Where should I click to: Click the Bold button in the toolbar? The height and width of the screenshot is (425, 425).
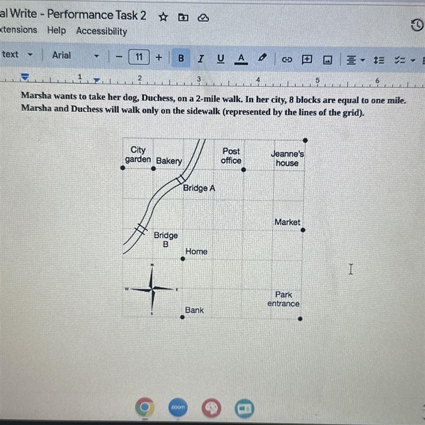tap(181, 58)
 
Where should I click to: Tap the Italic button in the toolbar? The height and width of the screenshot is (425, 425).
tap(201, 58)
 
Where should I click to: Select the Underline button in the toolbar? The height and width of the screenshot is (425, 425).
tap(220, 59)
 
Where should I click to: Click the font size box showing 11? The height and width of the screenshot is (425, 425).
tap(139, 57)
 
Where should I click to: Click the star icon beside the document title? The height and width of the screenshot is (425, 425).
tap(163, 17)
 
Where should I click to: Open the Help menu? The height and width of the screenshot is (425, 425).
tap(56, 30)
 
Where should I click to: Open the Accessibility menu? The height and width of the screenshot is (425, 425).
tap(101, 31)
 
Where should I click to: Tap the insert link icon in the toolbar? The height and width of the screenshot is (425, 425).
tap(287, 59)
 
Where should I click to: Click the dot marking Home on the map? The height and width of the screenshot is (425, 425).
tap(183, 259)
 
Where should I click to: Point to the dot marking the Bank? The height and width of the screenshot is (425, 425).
tap(182, 317)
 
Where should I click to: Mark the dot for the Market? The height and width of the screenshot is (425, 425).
tap(303, 230)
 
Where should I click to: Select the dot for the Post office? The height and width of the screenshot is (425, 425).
tap(243, 170)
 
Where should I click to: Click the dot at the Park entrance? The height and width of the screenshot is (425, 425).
tap(300, 319)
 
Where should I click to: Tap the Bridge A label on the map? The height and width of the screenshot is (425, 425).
tap(199, 188)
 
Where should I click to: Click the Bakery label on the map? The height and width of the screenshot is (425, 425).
tap(169, 161)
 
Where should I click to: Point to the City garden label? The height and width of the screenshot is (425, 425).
tap(138, 154)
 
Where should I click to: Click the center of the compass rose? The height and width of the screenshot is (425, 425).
tap(152, 289)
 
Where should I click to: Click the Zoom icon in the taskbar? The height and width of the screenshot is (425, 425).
tap(178, 407)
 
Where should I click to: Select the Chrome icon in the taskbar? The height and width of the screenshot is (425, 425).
tap(145, 407)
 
